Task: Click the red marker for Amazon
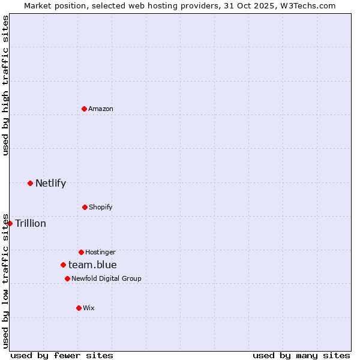point(85,109)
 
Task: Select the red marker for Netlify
point(30,183)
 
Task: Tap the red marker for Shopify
point(85,207)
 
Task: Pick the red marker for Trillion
point(10,223)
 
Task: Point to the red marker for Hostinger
point(81,252)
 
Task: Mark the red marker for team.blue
point(63,265)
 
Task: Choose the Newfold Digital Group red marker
point(67,278)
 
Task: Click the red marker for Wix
point(79,308)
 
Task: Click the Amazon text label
point(101,109)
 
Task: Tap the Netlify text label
point(50,183)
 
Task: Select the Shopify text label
point(101,207)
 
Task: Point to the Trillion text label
point(31,223)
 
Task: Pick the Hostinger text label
point(100,252)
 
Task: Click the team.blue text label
point(92,265)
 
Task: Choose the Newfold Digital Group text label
point(106,278)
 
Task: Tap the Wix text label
point(89,308)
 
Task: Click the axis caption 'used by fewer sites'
point(62,355)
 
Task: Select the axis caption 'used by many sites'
point(301,355)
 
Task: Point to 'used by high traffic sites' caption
point(5,85)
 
